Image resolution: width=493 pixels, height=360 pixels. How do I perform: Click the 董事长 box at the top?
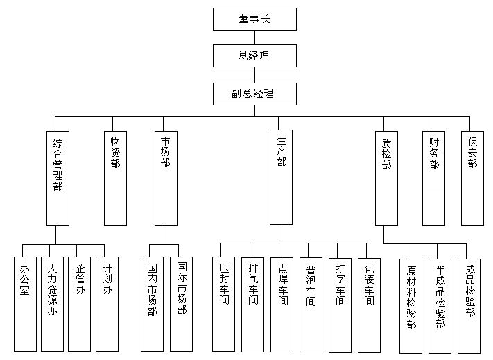click(254, 19)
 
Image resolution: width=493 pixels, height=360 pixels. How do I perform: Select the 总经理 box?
click(254, 55)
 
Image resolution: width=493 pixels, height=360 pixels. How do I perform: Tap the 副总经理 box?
click(254, 93)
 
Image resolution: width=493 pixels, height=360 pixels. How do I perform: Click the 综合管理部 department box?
click(58, 178)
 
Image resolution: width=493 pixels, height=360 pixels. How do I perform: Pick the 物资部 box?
click(115, 178)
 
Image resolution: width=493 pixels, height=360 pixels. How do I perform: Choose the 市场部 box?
click(165, 178)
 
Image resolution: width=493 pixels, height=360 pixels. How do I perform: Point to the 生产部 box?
click(281, 178)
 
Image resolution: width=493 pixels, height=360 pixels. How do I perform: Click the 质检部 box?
click(386, 178)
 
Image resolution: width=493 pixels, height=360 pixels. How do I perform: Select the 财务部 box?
click(433, 178)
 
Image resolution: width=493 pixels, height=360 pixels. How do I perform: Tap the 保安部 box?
click(472, 178)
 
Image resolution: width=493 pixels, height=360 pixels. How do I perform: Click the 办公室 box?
click(25, 302)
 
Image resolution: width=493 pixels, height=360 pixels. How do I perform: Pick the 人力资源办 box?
click(52, 302)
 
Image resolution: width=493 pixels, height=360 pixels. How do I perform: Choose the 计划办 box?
click(107, 302)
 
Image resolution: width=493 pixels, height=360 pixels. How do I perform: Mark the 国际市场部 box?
click(182, 302)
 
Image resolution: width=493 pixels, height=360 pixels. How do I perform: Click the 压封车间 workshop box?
click(223, 302)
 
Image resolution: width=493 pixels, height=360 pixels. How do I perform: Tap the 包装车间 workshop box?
click(369, 302)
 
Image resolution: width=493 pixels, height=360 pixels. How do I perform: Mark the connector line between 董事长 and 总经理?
click(254, 37)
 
